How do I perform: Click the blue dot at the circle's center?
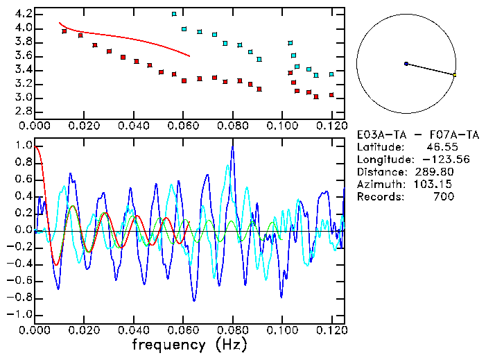(406, 64)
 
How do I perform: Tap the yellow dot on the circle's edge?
(454, 74)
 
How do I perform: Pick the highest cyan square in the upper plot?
(174, 14)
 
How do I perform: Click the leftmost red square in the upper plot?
(64, 31)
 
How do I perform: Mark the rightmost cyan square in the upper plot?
(331, 74)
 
